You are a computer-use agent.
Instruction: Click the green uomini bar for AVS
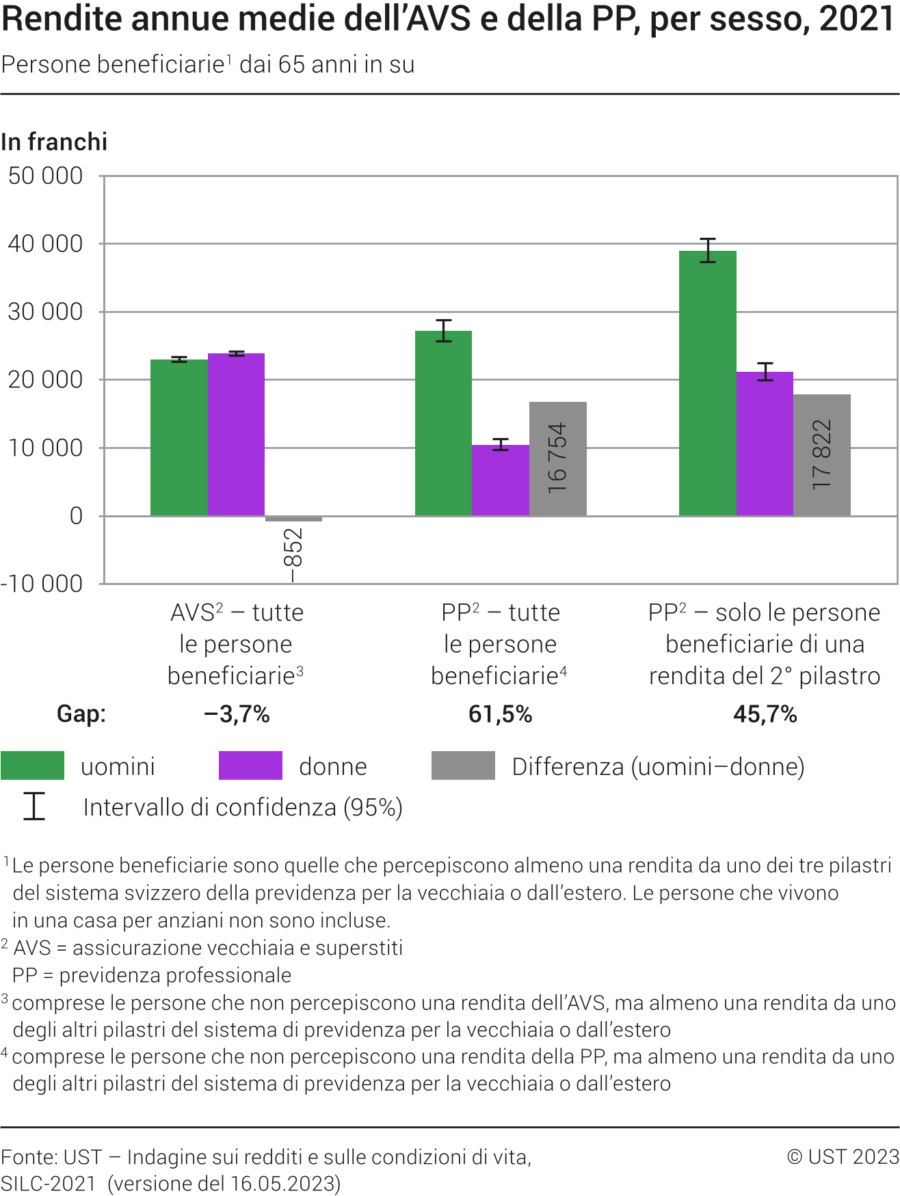pos(178,437)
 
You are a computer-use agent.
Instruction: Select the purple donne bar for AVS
pos(236,435)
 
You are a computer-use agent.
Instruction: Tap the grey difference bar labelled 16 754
pos(557,459)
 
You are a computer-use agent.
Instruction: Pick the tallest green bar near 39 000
pos(707,383)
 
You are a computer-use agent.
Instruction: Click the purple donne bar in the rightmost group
pos(765,444)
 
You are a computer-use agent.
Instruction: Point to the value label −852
pos(293,555)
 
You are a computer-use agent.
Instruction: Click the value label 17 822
pos(821,454)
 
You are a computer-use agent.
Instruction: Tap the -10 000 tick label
pos(42,584)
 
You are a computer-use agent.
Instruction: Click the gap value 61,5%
pos(500,714)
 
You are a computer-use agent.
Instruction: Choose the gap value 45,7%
pos(765,714)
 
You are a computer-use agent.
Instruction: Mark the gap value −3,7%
pos(237,714)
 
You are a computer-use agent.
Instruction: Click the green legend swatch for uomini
pos(32,765)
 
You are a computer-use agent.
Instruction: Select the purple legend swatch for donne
pos(250,765)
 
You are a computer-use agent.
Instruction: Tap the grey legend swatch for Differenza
pos(463,765)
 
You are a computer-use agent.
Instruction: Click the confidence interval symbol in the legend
pos(34,806)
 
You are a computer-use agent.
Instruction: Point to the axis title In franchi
pos(55,141)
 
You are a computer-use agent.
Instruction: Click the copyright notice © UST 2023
pos(843,1156)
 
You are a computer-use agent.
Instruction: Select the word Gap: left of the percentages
pos(81,714)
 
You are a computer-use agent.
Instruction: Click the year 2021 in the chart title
pos(856,19)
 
